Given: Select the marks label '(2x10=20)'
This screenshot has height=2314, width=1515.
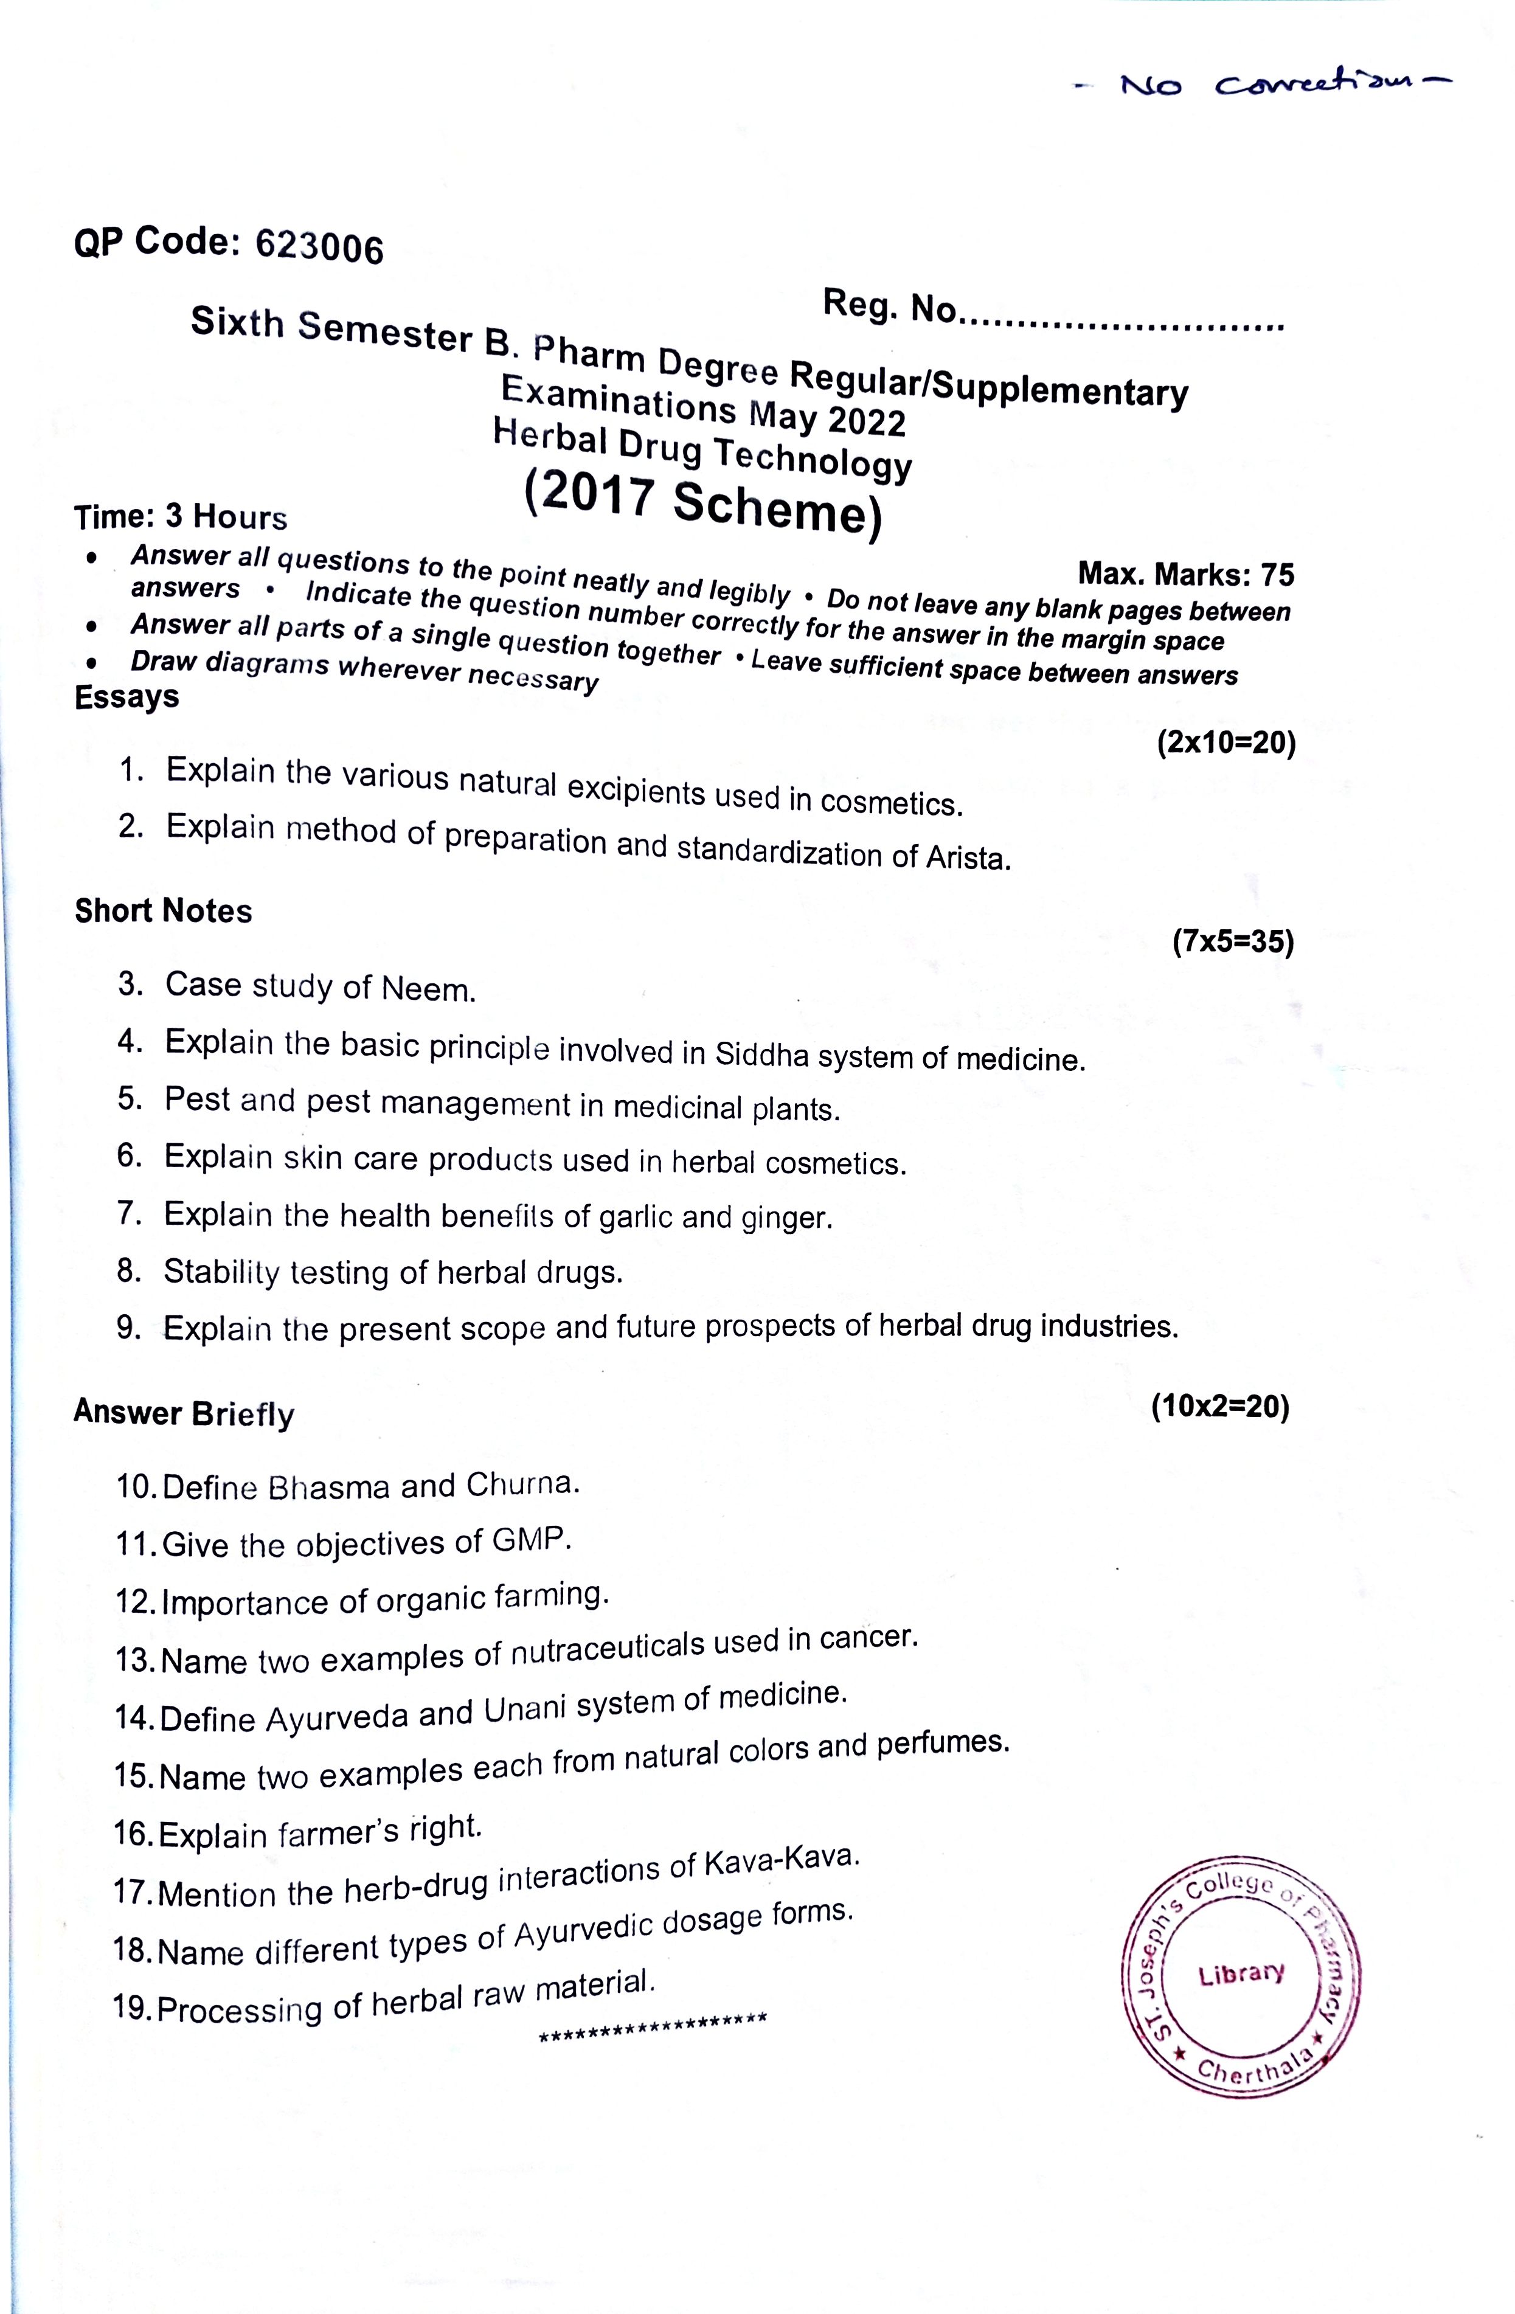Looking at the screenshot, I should [x=1226, y=744].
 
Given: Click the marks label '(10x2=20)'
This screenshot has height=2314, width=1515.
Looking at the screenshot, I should [x=1219, y=1407].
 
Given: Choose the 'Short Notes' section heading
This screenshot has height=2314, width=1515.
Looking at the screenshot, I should [x=164, y=911].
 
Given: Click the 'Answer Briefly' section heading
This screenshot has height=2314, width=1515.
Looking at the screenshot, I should [x=184, y=1412].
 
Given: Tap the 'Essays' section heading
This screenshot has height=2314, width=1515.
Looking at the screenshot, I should [x=127, y=697].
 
